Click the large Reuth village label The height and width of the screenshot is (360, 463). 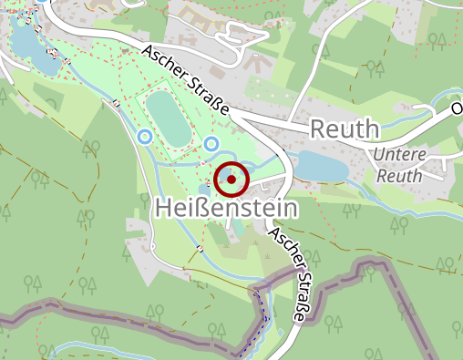[x=344, y=129]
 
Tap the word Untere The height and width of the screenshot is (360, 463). [x=398, y=155]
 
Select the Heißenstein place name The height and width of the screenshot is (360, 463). [x=227, y=209]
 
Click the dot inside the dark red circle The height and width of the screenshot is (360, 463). [x=231, y=180]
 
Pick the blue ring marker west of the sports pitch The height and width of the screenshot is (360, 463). [x=144, y=137]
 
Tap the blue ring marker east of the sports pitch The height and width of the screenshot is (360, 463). [x=211, y=144]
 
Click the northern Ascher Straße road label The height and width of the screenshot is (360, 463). [x=186, y=81]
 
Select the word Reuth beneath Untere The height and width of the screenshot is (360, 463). [x=398, y=175]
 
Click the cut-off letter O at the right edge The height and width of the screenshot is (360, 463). [x=457, y=108]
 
